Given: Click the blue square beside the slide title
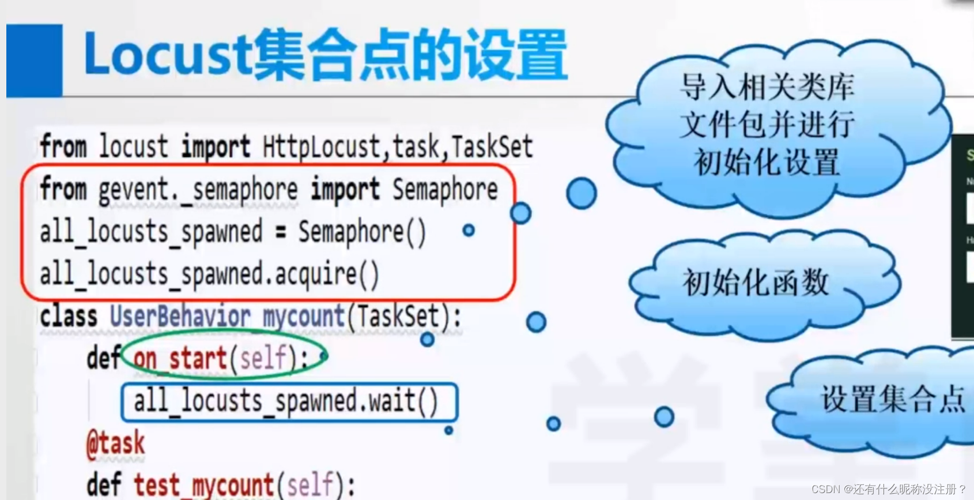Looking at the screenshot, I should pyautogui.click(x=34, y=60).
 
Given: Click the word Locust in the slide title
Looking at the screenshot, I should pyautogui.click(x=167, y=55).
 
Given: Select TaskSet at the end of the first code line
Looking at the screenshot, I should pyautogui.click(x=492, y=147).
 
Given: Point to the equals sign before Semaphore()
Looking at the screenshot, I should pyautogui.click(x=281, y=232).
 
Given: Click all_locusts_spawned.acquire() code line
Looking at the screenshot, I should pyautogui.click(x=209, y=275).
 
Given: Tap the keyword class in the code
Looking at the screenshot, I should pyautogui.click(x=69, y=317).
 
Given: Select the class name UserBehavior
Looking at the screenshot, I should pyautogui.click(x=180, y=317).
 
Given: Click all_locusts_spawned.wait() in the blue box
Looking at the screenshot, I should pyautogui.click(x=286, y=401).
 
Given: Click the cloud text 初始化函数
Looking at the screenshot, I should pyautogui.click(x=756, y=283).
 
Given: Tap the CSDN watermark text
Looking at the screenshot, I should pyautogui.click(x=888, y=489).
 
